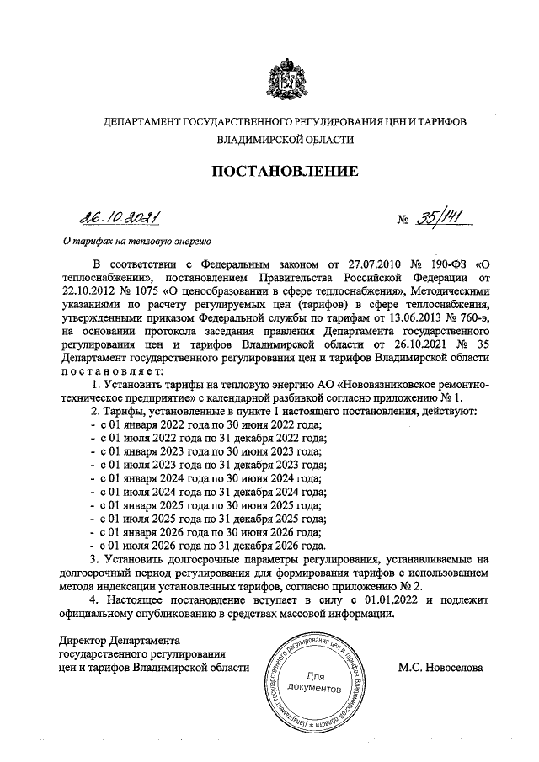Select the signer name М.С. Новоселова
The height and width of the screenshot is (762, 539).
pyautogui.click(x=440, y=668)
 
